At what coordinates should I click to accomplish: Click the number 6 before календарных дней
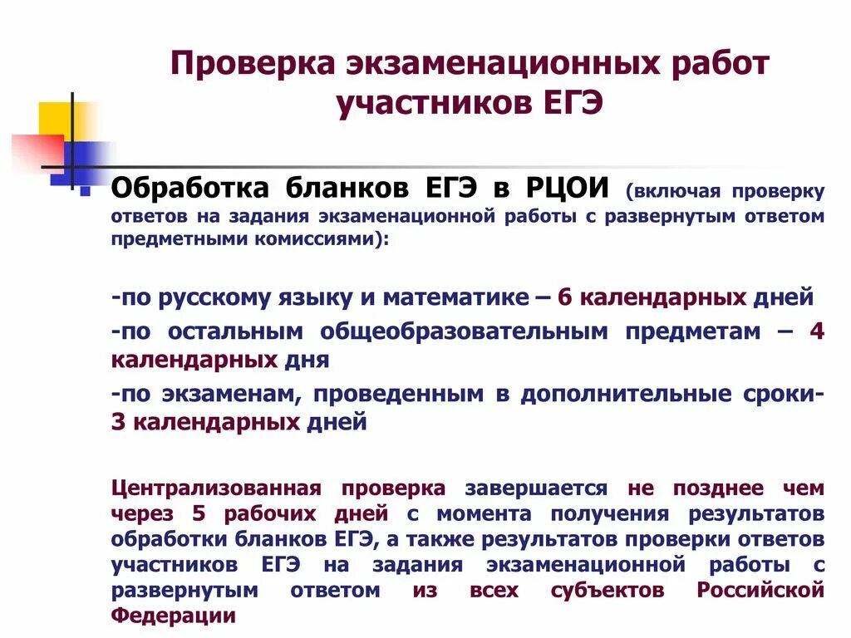coord(565,297)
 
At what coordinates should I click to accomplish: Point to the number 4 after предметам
coord(816,331)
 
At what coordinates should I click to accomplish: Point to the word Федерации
coord(173,616)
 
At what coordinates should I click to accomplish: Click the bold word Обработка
coord(190,188)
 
